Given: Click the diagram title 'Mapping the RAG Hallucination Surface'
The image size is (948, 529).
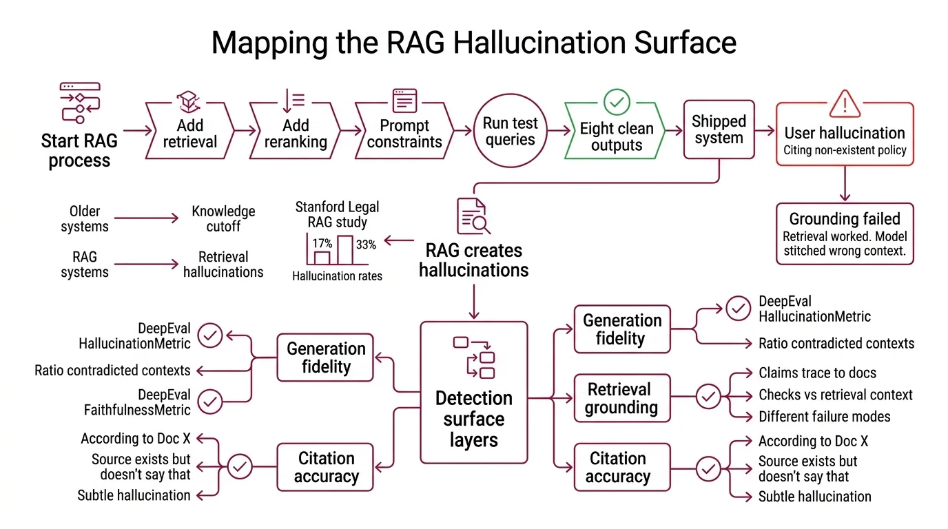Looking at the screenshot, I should point(473,43).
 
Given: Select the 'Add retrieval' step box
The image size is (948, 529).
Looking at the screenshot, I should point(189,133).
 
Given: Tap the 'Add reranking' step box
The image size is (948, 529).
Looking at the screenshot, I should point(295,133).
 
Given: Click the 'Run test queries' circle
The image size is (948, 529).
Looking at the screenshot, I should point(509,132).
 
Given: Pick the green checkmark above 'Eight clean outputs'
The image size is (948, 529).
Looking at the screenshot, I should point(616,102).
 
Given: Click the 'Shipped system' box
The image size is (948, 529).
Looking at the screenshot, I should point(719,129).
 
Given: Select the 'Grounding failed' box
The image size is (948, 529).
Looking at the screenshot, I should point(845,234).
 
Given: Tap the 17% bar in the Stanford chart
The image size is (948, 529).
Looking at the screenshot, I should point(322,257).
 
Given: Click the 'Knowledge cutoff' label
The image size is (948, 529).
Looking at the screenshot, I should point(223,219).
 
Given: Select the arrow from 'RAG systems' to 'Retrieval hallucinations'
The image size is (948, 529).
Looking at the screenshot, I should point(146,264).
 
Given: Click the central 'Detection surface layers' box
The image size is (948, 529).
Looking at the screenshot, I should point(473,393).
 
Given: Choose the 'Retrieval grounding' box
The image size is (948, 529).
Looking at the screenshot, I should point(621,398).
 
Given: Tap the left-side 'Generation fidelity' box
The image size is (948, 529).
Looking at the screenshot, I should point(325,357).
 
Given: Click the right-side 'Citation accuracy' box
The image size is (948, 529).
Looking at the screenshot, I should point(621,467).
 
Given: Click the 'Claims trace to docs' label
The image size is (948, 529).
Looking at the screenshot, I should point(817,373).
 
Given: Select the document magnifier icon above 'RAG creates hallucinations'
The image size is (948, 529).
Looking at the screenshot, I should point(473,216).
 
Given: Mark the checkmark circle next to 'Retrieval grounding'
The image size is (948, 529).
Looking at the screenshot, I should point(708,396).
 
